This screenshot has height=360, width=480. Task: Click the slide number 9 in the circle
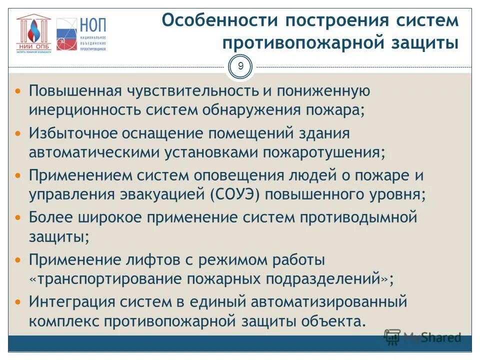(x=240, y=66)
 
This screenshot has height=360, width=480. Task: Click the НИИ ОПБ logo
(x=33, y=32)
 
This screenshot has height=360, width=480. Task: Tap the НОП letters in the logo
(x=93, y=24)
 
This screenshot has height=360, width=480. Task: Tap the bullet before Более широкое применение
(x=18, y=218)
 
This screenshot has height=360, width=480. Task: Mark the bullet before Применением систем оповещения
(x=18, y=176)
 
